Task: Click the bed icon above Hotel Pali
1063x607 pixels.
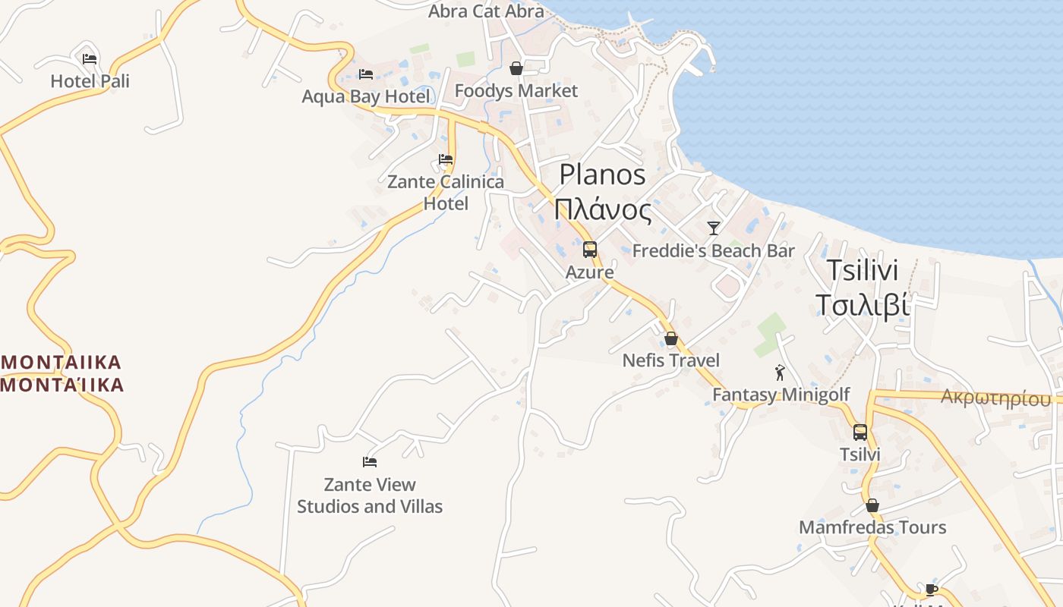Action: [90, 59]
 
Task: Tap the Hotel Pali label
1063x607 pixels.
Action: [90, 81]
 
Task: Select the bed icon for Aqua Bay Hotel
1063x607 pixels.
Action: [366, 74]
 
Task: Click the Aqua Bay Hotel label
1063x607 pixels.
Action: [366, 96]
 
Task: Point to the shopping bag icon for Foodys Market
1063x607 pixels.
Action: [516, 69]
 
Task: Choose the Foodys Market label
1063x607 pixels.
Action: [516, 91]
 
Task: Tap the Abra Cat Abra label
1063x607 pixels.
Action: [486, 11]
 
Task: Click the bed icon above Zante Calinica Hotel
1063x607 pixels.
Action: [446, 159]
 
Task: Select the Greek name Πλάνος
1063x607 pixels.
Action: [603, 210]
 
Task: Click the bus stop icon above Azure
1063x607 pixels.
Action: [590, 249]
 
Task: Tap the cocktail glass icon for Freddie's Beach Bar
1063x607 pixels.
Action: [713, 228]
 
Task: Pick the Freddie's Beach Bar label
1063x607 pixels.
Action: [713, 250]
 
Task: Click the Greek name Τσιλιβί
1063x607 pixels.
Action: [862, 304]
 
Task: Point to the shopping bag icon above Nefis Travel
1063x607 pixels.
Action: [671, 338]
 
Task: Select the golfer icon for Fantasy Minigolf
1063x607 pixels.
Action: [780, 373]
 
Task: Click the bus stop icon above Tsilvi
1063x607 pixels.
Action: [860, 432]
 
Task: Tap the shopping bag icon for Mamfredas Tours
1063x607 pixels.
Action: [872, 505]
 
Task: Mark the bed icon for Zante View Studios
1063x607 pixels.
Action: [370, 461]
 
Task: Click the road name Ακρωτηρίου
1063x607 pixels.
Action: [996, 398]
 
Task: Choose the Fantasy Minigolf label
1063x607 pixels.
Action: [781, 395]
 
